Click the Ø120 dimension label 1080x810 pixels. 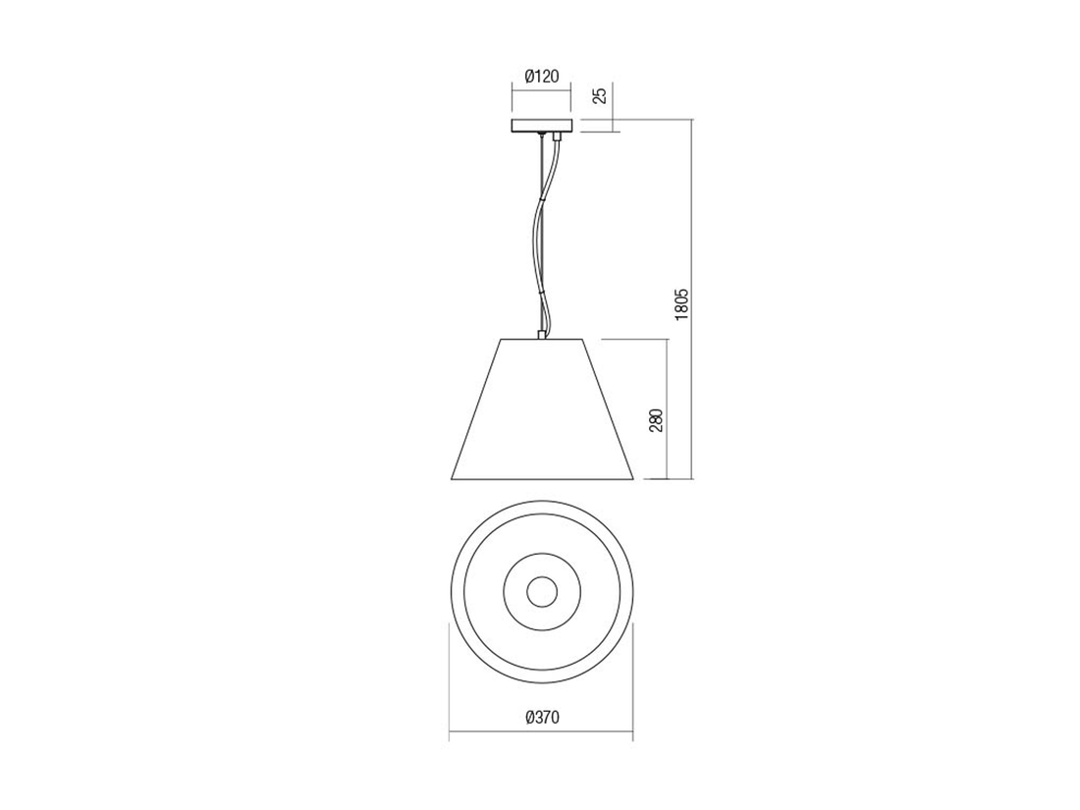[x=541, y=77]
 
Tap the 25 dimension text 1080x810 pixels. [x=600, y=95]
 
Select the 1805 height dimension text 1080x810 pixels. [x=681, y=303]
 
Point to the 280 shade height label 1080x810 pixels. [x=656, y=419]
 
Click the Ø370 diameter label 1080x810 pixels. [x=541, y=717]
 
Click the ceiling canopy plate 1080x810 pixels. [x=541, y=126]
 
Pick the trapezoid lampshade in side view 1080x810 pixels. [x=541, y=409]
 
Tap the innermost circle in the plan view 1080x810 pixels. [x=541, y=592]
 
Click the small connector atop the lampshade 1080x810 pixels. [x=542, y=335]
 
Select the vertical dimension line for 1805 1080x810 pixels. [x=692, y=298]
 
